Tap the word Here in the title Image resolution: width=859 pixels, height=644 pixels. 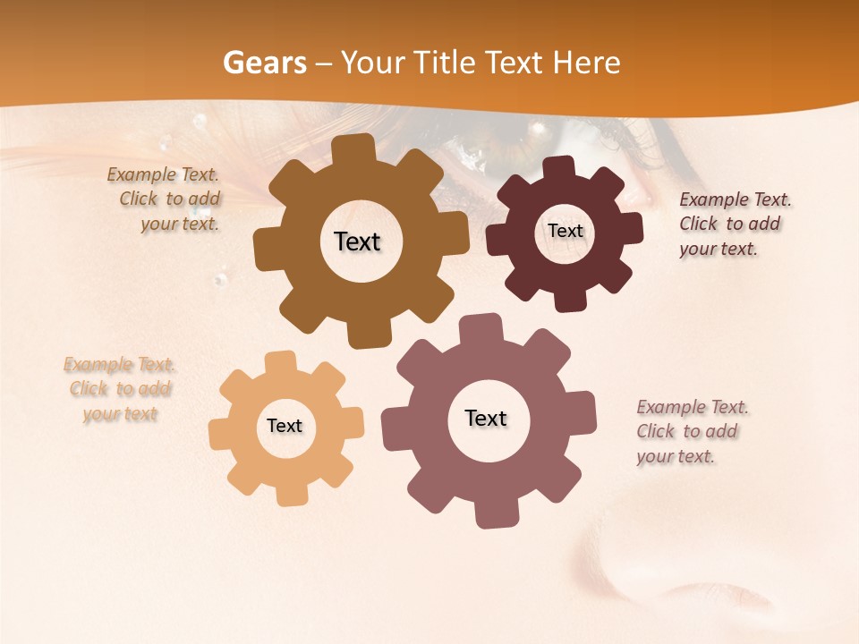(x=586, y=63)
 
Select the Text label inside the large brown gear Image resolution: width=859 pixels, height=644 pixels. (x=357, y=241)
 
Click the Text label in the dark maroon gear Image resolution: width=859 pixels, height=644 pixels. (x=565, y=231)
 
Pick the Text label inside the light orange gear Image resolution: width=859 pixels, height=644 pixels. (x=285, y=427)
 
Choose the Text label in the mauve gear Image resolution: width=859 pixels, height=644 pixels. (x=486, y=419)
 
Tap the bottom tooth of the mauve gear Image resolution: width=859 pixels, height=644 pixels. (x=494, y=513)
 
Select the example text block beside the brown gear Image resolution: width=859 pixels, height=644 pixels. (x=165, y=199)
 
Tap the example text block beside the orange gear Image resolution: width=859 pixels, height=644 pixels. (x=119, y=389)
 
